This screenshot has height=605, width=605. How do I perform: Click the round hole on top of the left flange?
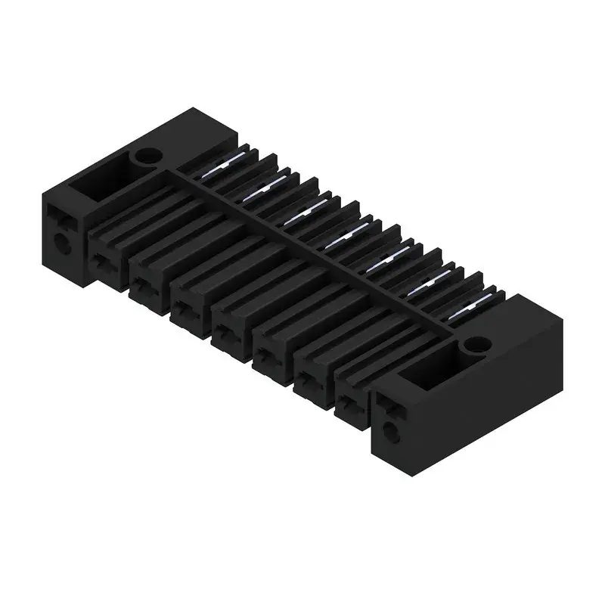click(146, 157)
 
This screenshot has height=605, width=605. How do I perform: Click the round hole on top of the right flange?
click(476, 346)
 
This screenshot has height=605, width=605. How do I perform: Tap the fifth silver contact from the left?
click(386, 262)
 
